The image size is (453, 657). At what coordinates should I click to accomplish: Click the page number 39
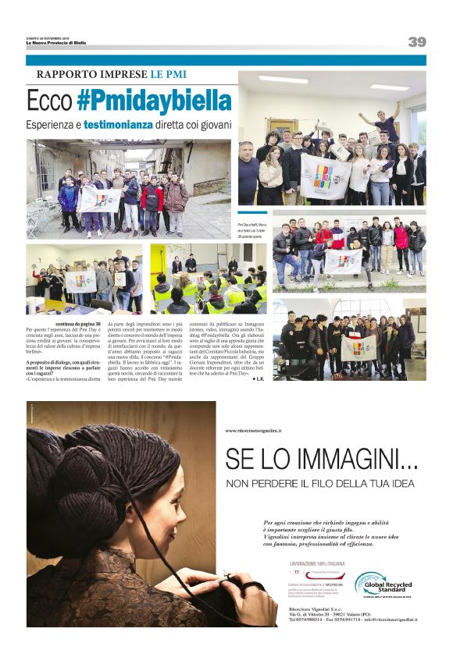[x=416, y=42]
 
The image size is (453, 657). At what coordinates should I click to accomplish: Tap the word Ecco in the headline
[x=50, y=102]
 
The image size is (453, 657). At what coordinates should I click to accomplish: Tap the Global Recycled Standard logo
[x=382, y=584]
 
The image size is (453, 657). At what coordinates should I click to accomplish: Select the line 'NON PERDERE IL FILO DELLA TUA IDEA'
[x=320, y=484]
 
